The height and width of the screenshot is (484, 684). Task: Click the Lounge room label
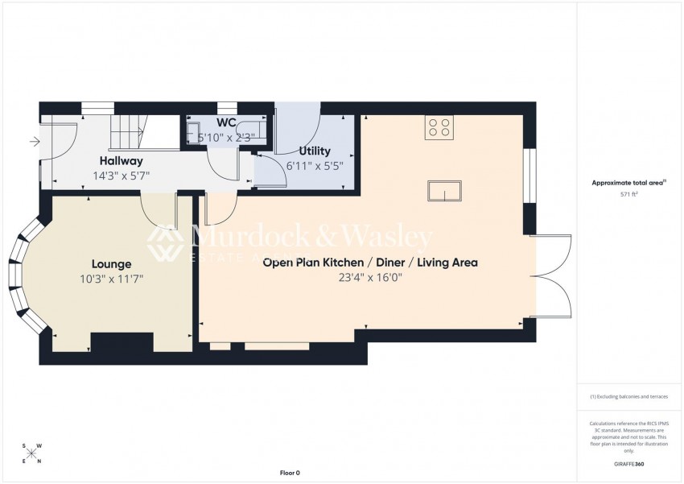pyautogui.click(x=111, y=263)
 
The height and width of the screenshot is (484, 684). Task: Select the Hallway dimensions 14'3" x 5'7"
pyautogui.click(x=121, y=175)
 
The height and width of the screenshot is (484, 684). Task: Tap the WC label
pyautogui.click(x=226, y=122)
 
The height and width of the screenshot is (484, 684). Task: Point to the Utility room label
pyautogui.click(x=314, y=151)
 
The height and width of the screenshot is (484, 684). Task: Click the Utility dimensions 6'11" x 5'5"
pyautogui.click(x=315, y=166)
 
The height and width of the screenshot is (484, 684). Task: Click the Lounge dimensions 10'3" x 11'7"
pyautogui.click(x=112, y=279)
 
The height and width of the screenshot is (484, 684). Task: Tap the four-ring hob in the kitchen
pyautogui.click(x=439, y=126)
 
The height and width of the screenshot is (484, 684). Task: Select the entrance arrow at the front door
pyautogui.click(x=34, y=143)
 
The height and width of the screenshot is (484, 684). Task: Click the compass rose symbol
pyautogui.click(x=31, y=453)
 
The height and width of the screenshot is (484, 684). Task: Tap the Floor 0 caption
pyautogui.click(x=289, y=473)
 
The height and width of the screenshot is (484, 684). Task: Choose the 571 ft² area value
pyautogui.click(x=628, y=194)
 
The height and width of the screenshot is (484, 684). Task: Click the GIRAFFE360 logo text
pyautogui.click(x=628, y=464)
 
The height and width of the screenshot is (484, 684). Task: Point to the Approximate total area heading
pyautogui.click(x=628, y=183)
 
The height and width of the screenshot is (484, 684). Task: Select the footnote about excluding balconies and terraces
pyautogui.click(x=628, y=396)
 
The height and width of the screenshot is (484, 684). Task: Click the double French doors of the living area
pyautogui.click(x=552, y=276)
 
